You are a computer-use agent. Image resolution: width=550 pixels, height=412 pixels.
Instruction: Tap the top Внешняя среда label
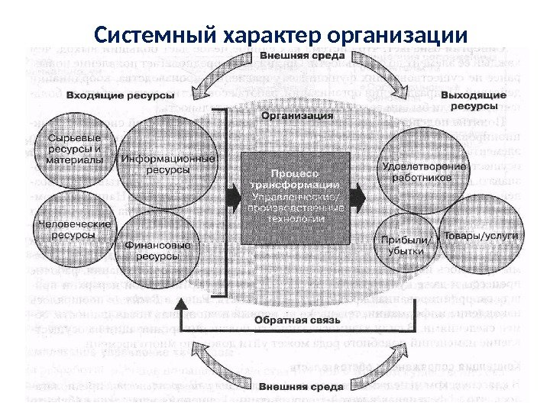pos(297,56)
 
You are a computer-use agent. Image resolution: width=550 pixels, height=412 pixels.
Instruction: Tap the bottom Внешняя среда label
pos(295,388)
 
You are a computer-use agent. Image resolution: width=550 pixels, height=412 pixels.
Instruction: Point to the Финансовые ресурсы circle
pos(158,249)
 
